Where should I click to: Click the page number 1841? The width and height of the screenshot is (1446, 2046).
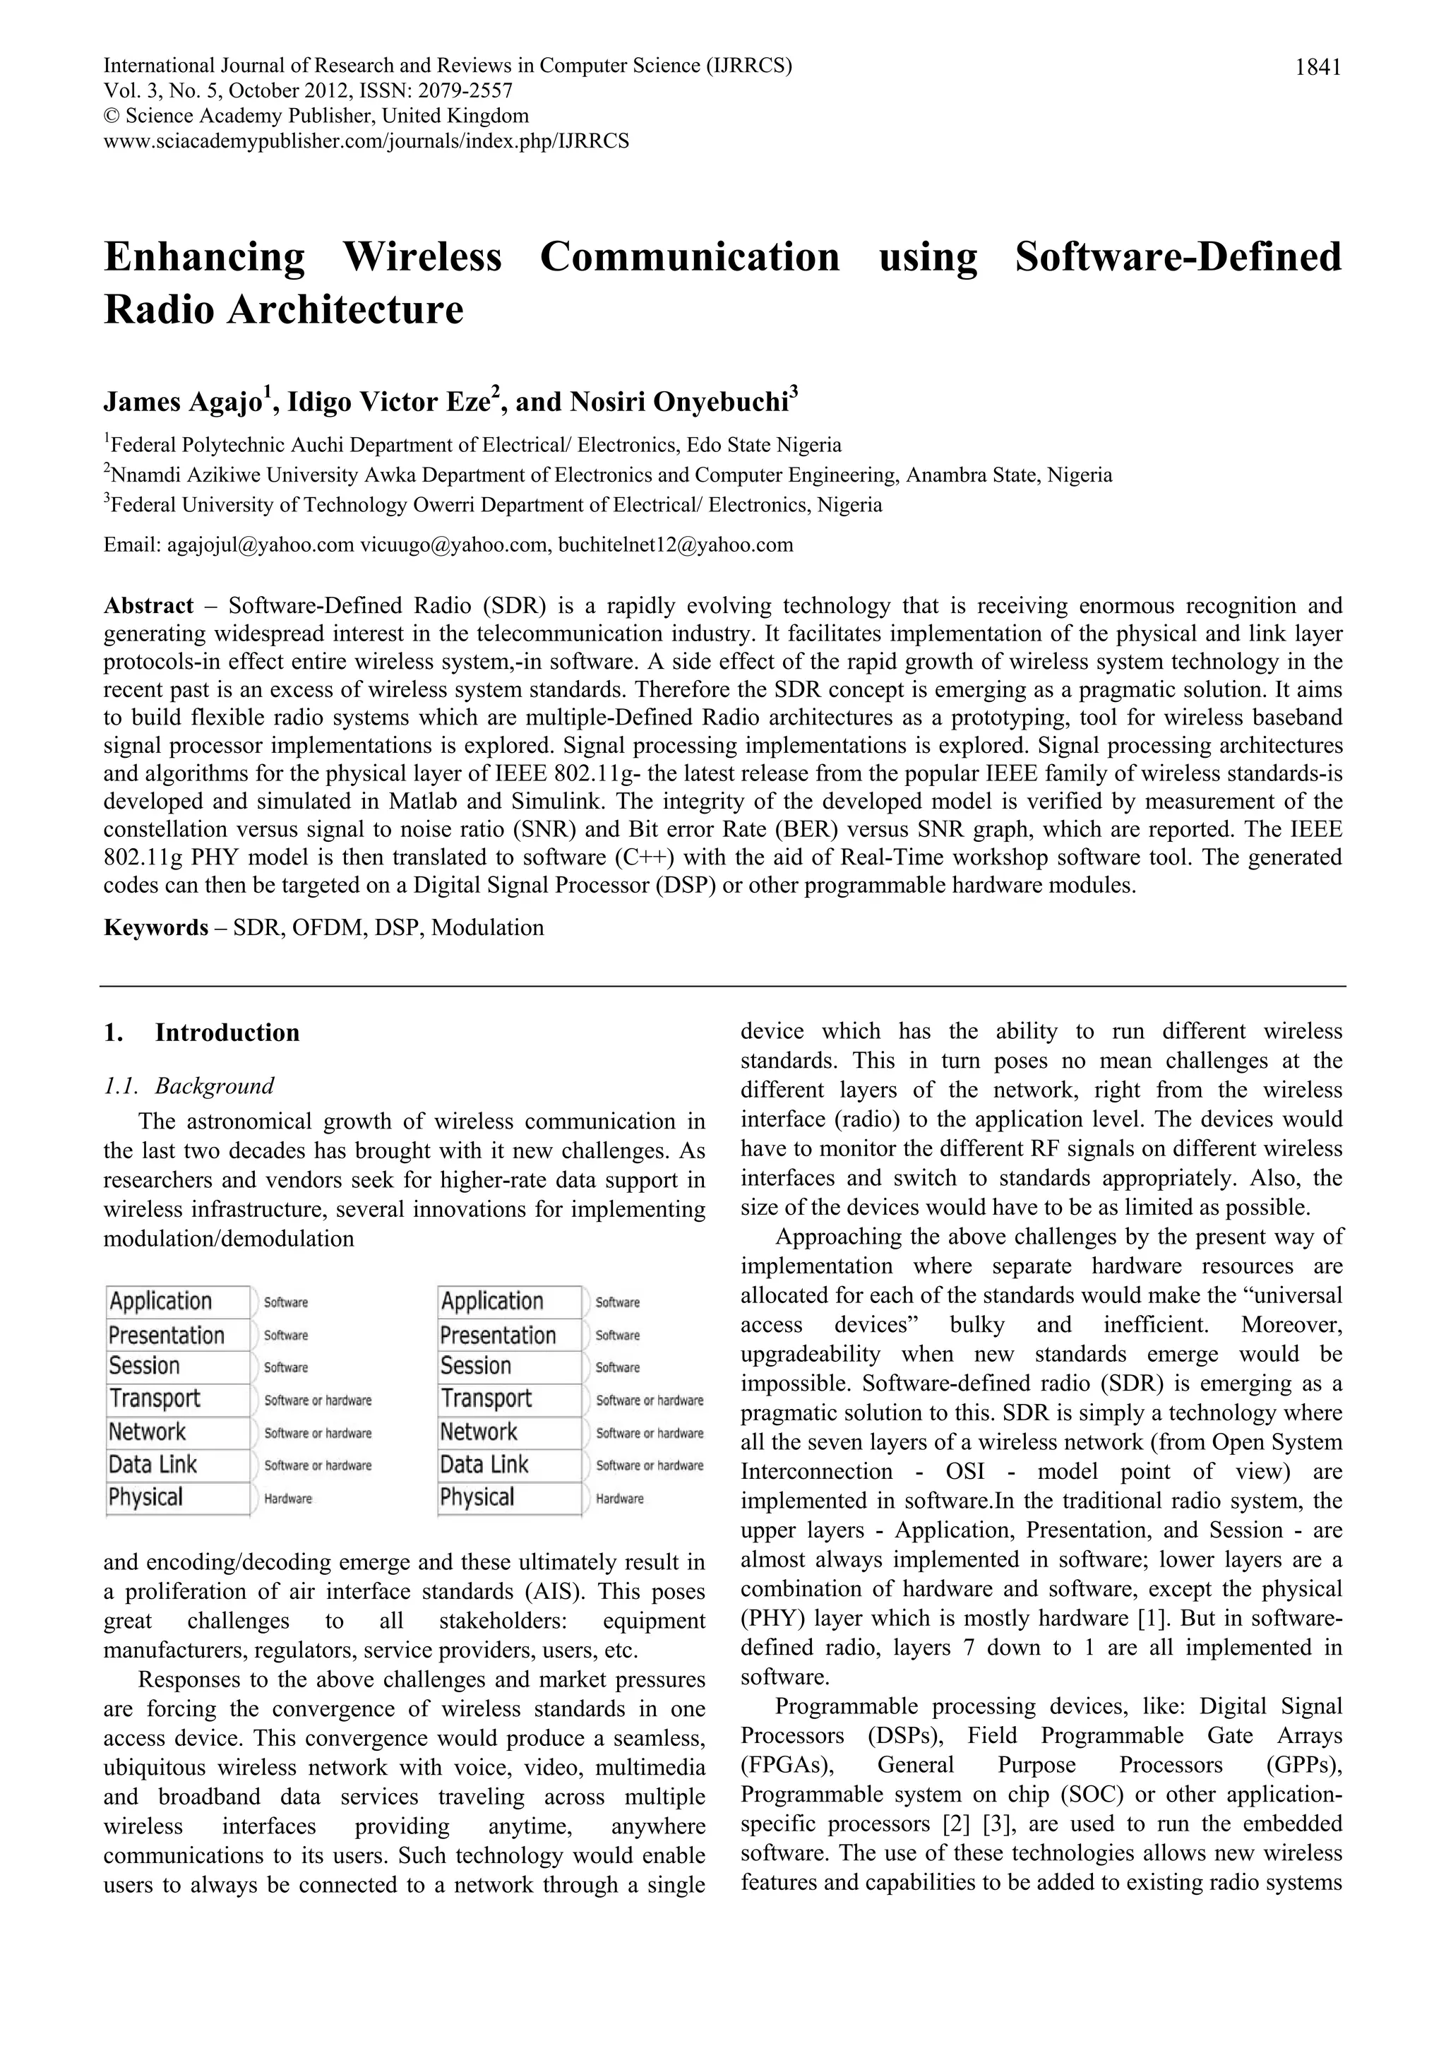coord(1317,67)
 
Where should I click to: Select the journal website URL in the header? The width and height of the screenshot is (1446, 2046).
coord(366,141)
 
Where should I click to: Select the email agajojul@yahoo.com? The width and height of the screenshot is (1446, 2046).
coord(260,545)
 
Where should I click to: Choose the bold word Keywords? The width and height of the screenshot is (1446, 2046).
coord(155,927)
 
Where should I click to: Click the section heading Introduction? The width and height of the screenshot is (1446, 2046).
coord(227,1033)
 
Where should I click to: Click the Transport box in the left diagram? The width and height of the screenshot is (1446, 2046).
coord(177,1399)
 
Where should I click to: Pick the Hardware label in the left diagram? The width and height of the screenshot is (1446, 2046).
coord(288,1499)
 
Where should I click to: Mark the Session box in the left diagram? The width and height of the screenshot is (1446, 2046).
coord(177,1366)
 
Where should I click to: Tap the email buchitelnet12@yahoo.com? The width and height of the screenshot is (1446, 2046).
coord(675,545)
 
